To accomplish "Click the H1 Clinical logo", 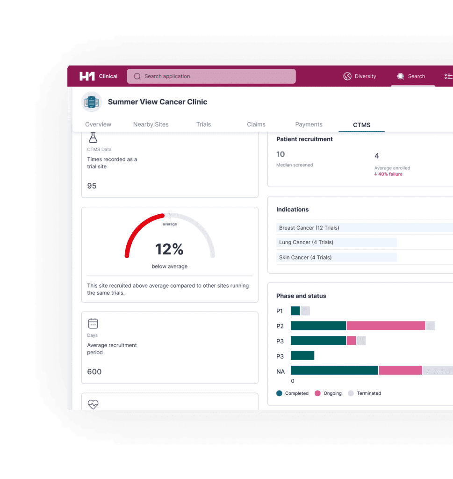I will pos(98,76).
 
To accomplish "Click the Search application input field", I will pos(211,76).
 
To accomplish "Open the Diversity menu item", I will pos(360,76).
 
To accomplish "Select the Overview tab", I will pos(98,124).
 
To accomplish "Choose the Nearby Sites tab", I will pos(151,124).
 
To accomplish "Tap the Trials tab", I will pos(203,124).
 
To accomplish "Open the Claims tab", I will pos(256,124).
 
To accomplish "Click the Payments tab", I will pos(309,124).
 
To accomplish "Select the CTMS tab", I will pos(361,125).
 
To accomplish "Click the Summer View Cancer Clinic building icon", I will pos(92,102).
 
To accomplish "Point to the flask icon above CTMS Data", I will pos(93,138).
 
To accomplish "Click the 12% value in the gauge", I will pos(169,249).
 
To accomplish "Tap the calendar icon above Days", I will pos(93,323).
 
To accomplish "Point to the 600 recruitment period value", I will pos(94,372).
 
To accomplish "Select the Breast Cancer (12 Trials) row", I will pos(309,228).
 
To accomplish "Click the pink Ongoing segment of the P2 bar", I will pos(386,326).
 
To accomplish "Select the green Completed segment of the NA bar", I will pos(334,370).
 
